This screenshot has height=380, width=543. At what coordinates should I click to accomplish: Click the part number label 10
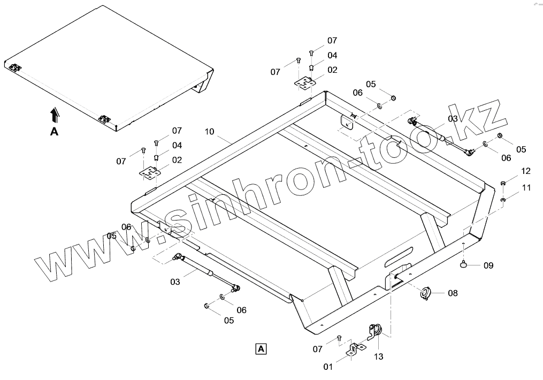[209, 131]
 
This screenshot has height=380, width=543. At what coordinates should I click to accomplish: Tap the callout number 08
[453, 293]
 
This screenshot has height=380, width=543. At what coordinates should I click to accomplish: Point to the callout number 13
[378, 356]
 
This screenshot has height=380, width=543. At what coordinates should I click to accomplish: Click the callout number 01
[328, 367]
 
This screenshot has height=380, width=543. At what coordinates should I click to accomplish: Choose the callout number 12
[526, 171]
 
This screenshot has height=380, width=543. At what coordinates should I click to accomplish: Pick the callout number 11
[527, 188]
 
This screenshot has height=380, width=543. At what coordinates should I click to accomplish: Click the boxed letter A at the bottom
[261, 349]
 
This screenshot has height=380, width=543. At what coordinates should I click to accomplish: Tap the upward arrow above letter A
[54, 114]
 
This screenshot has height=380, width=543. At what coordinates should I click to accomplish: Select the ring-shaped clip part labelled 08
[425, 293]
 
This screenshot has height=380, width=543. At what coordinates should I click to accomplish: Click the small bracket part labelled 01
[354, 348]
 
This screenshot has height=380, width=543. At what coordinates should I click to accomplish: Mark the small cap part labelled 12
[503, 184]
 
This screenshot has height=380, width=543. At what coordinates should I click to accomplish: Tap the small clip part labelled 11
[503, 200]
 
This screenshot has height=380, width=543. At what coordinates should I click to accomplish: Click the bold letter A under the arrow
[54, 132]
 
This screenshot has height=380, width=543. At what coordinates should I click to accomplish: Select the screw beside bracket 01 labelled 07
[339, 338]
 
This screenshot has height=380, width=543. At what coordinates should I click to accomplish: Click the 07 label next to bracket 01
[318, 349]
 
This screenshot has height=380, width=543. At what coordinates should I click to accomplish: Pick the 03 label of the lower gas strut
[175, 280]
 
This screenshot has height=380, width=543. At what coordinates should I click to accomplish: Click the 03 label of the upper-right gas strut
[453, 118]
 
